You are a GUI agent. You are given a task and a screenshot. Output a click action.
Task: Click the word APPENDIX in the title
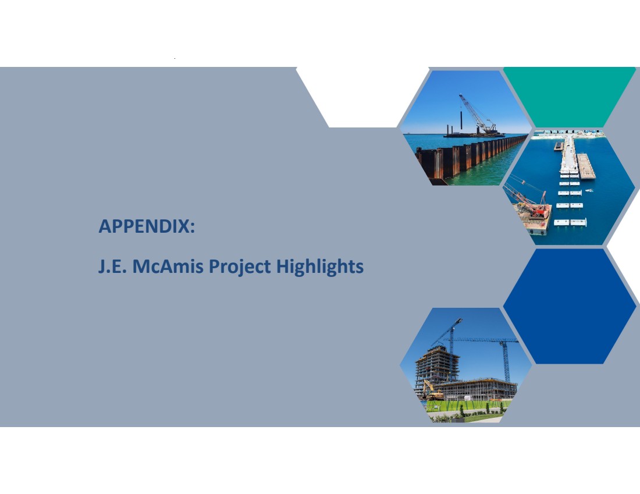[144, 226]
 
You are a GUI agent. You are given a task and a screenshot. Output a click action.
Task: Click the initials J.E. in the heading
[112, 266]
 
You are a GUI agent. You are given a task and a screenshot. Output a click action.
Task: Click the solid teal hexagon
[570, 97]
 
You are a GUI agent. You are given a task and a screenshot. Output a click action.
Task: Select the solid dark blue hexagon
[570, 306]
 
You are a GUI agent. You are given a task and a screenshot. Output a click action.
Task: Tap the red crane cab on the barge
[539, 210]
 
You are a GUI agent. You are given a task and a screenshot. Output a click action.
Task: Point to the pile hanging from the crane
[461, 119]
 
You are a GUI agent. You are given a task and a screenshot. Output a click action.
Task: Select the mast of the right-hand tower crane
[507, 362]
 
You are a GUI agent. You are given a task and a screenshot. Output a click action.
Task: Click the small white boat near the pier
[589, 191]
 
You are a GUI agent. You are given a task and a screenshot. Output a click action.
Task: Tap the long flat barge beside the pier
[586, 166]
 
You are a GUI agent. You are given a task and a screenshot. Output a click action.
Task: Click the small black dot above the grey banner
[175, 58]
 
